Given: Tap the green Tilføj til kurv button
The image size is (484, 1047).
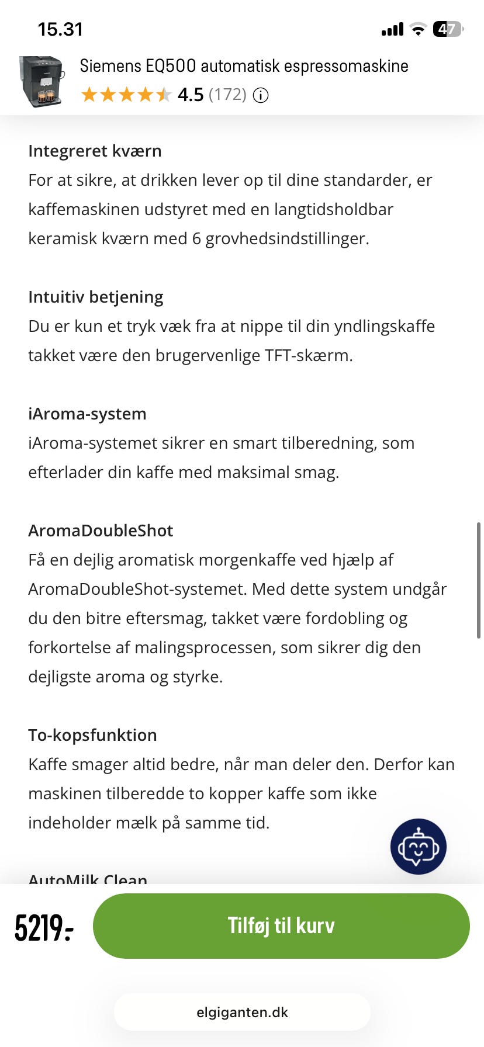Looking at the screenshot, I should [x=281, y=925].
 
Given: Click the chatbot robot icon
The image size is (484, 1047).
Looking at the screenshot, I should [x=418, y=847].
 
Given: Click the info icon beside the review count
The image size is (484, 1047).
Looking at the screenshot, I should [x=261, y=95].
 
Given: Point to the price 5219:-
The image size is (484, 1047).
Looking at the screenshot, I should [x=44, y=927].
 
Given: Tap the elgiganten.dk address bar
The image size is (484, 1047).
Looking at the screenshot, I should [x=242, y=1012].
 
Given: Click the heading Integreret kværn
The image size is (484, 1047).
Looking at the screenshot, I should [x=95, y=151].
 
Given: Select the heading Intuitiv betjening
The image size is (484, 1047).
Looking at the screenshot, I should [x=96, y=297].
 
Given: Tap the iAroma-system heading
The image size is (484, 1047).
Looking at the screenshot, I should [x=87, y=414].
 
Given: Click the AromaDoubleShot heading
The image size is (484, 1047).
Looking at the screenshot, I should [x=101, y=531].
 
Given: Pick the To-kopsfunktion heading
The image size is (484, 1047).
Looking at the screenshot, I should [x=92, y=735].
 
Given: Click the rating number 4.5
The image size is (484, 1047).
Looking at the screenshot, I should [x=191, y=95].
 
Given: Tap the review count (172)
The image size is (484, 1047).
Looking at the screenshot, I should [x=227, y=95].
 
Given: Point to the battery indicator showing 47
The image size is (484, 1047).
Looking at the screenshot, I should [x=448, y=29].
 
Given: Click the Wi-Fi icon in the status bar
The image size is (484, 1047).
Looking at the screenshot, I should [x=418, y=29].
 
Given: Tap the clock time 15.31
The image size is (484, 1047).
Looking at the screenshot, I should [x=60, y=29].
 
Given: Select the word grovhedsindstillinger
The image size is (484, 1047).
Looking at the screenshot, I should [x=286, y=238].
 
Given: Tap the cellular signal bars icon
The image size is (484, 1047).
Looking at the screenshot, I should [x=392, y=29].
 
